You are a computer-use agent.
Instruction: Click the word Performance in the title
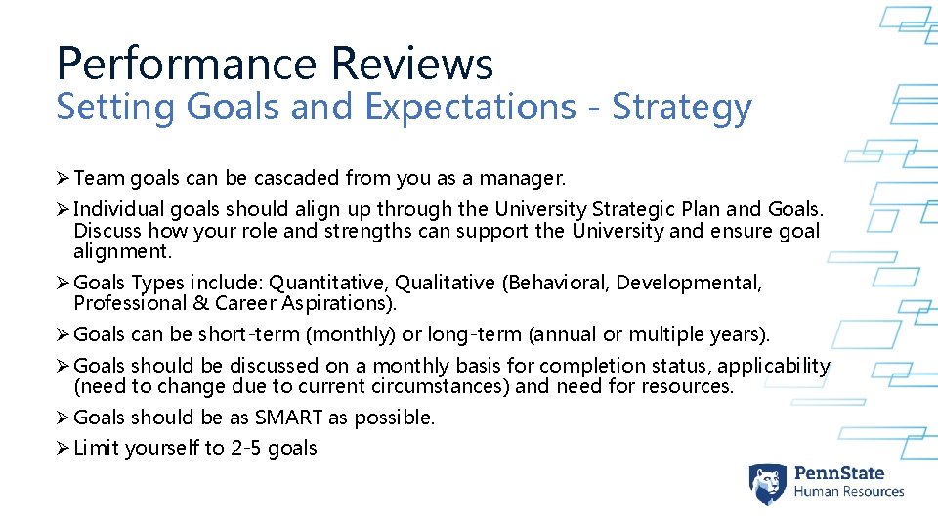tap(186, 65)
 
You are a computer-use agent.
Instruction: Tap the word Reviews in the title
tap(411, 65)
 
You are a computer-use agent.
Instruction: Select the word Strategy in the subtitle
tap(682, 107)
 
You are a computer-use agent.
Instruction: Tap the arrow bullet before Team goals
tap(63, 178)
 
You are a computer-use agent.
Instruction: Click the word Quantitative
tap(327, 283)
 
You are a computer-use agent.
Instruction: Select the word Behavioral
tap(557, 283)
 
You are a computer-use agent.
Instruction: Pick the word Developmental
tap(688, 283)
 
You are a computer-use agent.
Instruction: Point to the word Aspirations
tap(332, 303)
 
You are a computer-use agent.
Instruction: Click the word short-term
tap(249, 334)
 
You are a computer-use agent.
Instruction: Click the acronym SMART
tap(289, 418)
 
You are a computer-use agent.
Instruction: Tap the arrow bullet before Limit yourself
tap(63, 448)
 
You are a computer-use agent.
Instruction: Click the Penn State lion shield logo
tap(768, 484)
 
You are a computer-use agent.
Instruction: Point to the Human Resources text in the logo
tap(848, 492)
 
